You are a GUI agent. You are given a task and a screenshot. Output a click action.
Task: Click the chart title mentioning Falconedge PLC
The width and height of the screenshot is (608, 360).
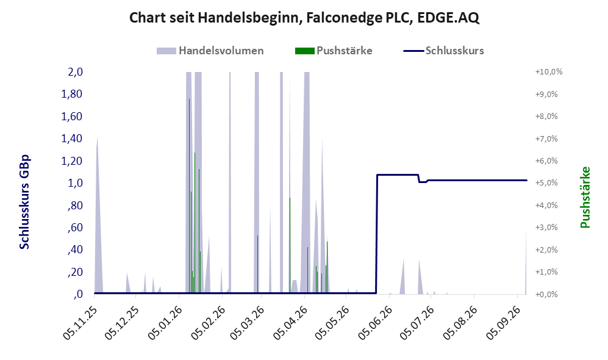(304, 18)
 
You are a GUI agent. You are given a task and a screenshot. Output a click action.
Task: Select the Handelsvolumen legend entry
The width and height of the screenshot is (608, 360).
(210, 51)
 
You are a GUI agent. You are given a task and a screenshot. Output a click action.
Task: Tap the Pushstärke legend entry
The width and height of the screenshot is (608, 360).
(334, 51)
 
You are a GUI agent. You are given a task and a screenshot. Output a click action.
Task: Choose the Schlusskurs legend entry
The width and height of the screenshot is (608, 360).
(443, 51)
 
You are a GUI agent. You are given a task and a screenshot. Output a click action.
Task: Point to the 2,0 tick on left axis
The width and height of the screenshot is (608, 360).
(75, 72)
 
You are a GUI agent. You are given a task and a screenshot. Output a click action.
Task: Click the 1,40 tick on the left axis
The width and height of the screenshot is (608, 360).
(72, 139)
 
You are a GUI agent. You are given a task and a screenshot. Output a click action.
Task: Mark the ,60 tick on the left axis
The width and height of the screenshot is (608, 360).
(75, 228)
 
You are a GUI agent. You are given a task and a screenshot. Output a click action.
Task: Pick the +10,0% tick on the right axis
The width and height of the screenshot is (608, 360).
(549, 72)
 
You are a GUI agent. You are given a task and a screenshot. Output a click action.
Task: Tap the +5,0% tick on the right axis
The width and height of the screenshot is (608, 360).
(546, 182)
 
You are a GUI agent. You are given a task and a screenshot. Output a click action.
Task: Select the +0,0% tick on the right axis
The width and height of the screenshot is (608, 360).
(546, 294)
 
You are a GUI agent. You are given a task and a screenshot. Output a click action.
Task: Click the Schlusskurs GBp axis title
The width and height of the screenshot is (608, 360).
(24, 202)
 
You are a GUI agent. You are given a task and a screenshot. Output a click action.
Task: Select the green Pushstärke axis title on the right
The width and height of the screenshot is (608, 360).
(585, 198)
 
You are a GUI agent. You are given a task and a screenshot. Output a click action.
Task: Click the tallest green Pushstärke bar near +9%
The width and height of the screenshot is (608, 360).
(189, 196)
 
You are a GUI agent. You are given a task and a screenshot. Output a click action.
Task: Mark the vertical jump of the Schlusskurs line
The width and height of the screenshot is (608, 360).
(376, 234)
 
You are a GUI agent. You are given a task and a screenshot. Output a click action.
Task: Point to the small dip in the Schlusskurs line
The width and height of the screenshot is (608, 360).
(423, 181)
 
